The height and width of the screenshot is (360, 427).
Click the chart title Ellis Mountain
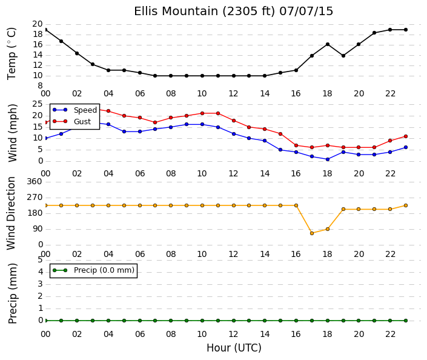[177, 11]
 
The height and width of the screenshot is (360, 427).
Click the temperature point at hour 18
[328, 44]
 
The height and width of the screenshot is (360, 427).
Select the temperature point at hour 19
[343, 56]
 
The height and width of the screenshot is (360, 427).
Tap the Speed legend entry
[74, 110]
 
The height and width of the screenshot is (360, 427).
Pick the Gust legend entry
[71, 122]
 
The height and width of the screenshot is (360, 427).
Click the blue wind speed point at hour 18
[328, 159]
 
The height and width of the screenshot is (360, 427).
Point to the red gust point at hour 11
[218, 113]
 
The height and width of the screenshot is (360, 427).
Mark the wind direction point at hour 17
[312, 233]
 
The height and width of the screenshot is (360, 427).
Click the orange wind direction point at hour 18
[328, 229]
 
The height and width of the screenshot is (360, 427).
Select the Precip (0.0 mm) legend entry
[93, 270]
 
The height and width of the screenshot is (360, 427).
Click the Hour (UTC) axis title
[234, 348]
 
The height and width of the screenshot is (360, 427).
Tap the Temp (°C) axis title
[12, 54]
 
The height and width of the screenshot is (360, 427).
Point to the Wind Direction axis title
[11, 213]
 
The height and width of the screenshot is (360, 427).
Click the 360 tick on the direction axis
[35, 181]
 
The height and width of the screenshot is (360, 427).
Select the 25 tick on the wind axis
[38, 104]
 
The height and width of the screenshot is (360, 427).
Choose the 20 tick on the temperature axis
[38, 24]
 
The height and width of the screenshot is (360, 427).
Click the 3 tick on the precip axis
[41, 284]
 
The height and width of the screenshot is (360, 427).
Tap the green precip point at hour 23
[406, 321]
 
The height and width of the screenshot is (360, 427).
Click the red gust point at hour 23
[406, 136]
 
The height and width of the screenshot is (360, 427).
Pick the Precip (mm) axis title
[13, 293]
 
